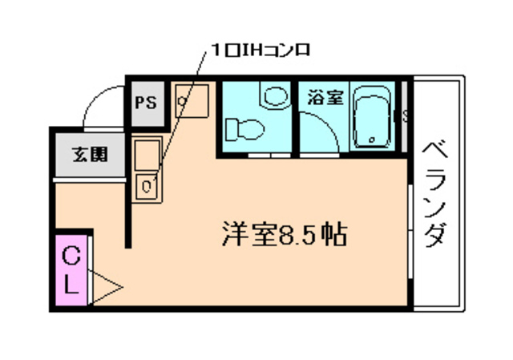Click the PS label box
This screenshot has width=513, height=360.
click(x=146, y=103)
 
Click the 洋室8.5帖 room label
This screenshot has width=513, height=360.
click(x=284, y=235)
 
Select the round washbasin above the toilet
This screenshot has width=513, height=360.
click(x=275, y=97)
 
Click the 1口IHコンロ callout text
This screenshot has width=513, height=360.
click(x=258, y=50)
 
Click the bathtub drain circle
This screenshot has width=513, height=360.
click(x=371, y=140)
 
